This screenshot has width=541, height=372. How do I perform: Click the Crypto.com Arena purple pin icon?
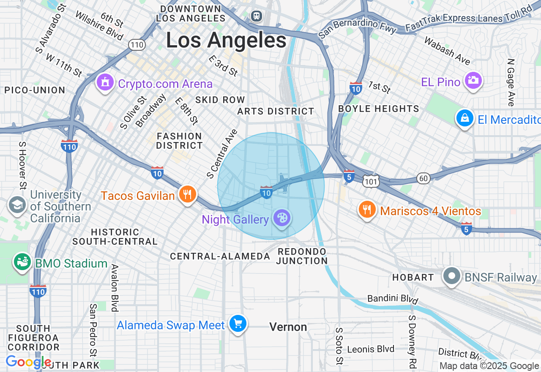[105, 82]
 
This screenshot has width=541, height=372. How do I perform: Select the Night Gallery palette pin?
[281, 218]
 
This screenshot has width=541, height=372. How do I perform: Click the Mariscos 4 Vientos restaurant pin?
[367, 209]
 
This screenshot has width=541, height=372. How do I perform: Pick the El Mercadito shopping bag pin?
[464, 118]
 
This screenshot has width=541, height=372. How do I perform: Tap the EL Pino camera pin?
[473, 80]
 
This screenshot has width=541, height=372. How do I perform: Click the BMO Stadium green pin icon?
[22, 262]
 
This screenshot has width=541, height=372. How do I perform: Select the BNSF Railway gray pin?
[452, 276]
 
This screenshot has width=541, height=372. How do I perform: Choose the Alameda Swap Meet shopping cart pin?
[238, 324]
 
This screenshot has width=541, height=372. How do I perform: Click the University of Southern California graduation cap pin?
[17, 205]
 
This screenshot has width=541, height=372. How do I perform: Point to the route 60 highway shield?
[424, 178]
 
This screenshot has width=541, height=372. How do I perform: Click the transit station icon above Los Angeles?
[256, 16]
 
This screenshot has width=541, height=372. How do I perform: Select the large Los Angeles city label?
[226, 41]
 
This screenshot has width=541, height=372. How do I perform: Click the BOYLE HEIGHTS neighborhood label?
[379, 109]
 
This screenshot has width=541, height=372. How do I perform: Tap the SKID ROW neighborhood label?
[220, 100]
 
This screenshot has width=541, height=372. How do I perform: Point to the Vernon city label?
[288, 327]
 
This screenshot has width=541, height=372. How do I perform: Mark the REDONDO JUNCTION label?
[302, 256]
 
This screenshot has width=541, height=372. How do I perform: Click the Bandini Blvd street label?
[393, 299]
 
